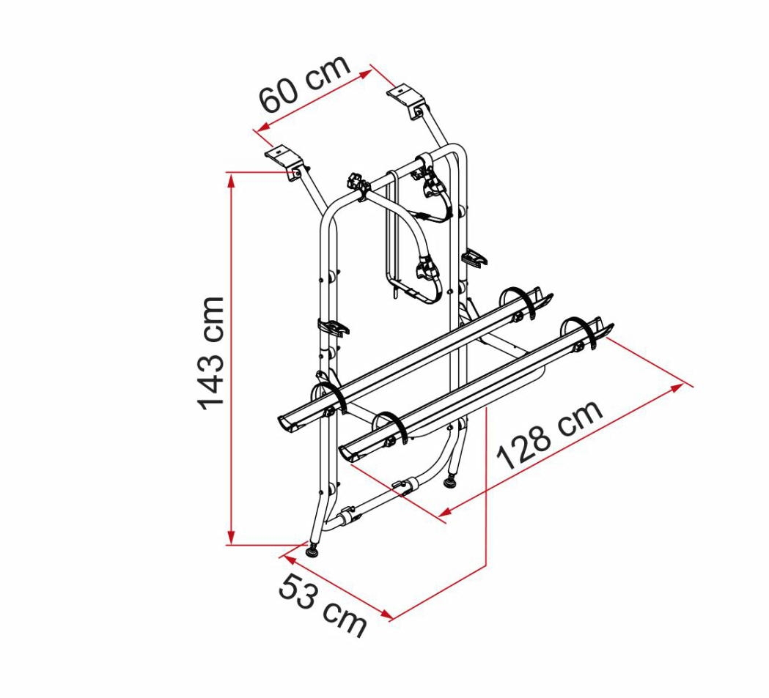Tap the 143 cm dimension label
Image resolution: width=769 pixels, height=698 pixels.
coord(211,354)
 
